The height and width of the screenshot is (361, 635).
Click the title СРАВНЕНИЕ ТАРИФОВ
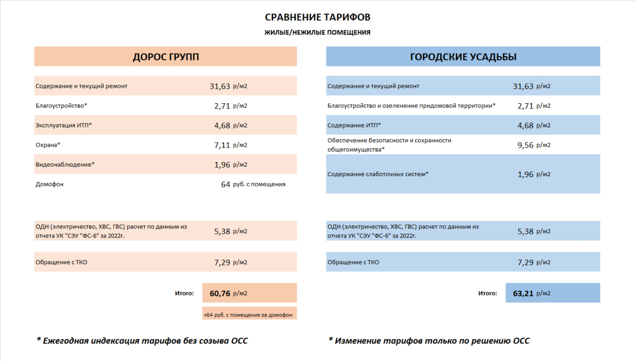[317, 17]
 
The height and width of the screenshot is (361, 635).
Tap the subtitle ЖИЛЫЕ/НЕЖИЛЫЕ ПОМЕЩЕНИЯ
[317, 33]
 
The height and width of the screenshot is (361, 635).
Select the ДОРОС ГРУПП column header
[166, 57]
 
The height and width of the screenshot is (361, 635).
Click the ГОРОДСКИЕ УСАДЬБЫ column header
[463, 57]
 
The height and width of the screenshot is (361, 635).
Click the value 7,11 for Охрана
[222, 145]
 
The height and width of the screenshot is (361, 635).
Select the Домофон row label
[50, 184]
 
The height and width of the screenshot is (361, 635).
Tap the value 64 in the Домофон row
[226, 184]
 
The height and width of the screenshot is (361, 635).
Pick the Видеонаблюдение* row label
[64, 164]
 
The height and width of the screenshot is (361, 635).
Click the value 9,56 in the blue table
[525, 145]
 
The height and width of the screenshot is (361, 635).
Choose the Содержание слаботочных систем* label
[378, 174]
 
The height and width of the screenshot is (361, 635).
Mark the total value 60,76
[220, 293]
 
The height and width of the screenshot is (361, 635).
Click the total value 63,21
[523, 293]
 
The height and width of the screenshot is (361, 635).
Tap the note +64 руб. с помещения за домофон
[248, 314]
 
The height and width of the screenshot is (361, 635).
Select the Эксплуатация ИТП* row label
[63, 125]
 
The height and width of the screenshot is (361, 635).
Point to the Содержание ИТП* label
[354, 125]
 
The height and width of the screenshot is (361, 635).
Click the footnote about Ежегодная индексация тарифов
[142, 341]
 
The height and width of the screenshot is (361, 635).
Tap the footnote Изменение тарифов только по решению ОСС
[429, 341]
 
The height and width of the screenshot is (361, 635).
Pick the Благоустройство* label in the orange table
[61, 106]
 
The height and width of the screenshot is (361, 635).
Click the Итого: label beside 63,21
[488, 293]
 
